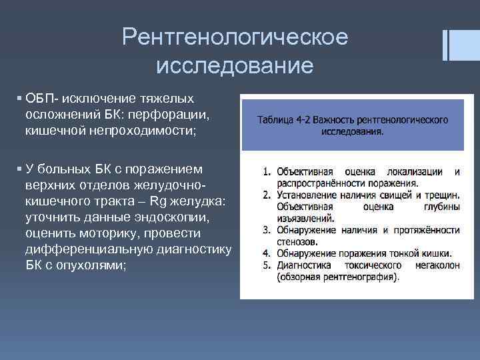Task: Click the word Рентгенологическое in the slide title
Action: (x=235, y=37)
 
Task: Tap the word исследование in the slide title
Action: (x=235, y=65)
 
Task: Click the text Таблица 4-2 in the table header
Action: (x=283, y=120)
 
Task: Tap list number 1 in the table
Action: (x=267, y=171)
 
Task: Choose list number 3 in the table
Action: (x=267, y=230)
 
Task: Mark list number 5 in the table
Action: (x=267, y=265)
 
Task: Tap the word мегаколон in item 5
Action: (x=435, y=265)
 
